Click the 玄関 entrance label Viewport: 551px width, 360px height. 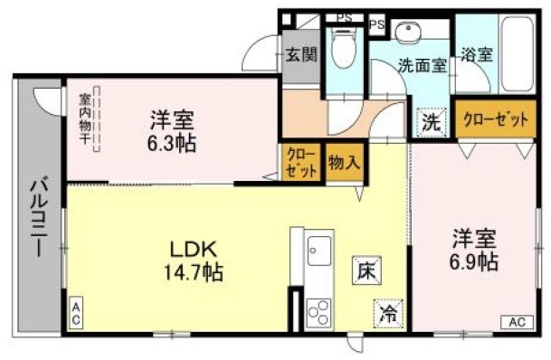tap(301, 54)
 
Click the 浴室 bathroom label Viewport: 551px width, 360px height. tap(476, 54)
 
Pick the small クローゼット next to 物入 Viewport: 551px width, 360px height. tap(301, 162)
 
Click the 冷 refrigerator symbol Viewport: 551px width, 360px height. tap(387, 313)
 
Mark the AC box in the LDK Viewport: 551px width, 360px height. tap(77, 312)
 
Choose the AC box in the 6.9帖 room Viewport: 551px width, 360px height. tap(515, 322)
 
